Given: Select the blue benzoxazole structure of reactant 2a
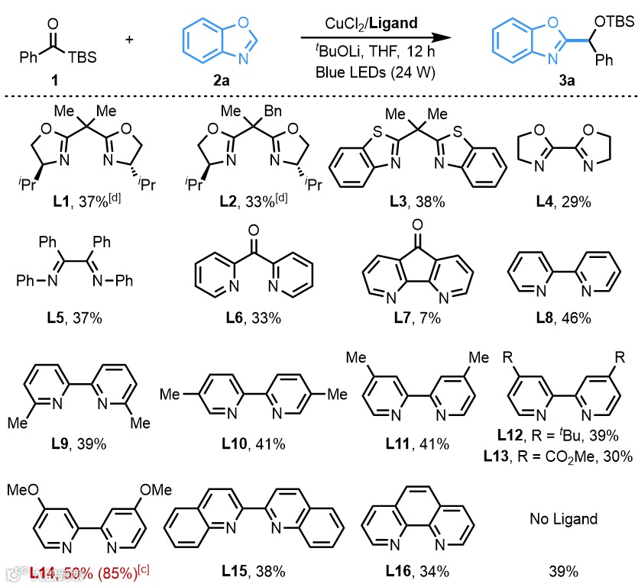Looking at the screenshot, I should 212,40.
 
